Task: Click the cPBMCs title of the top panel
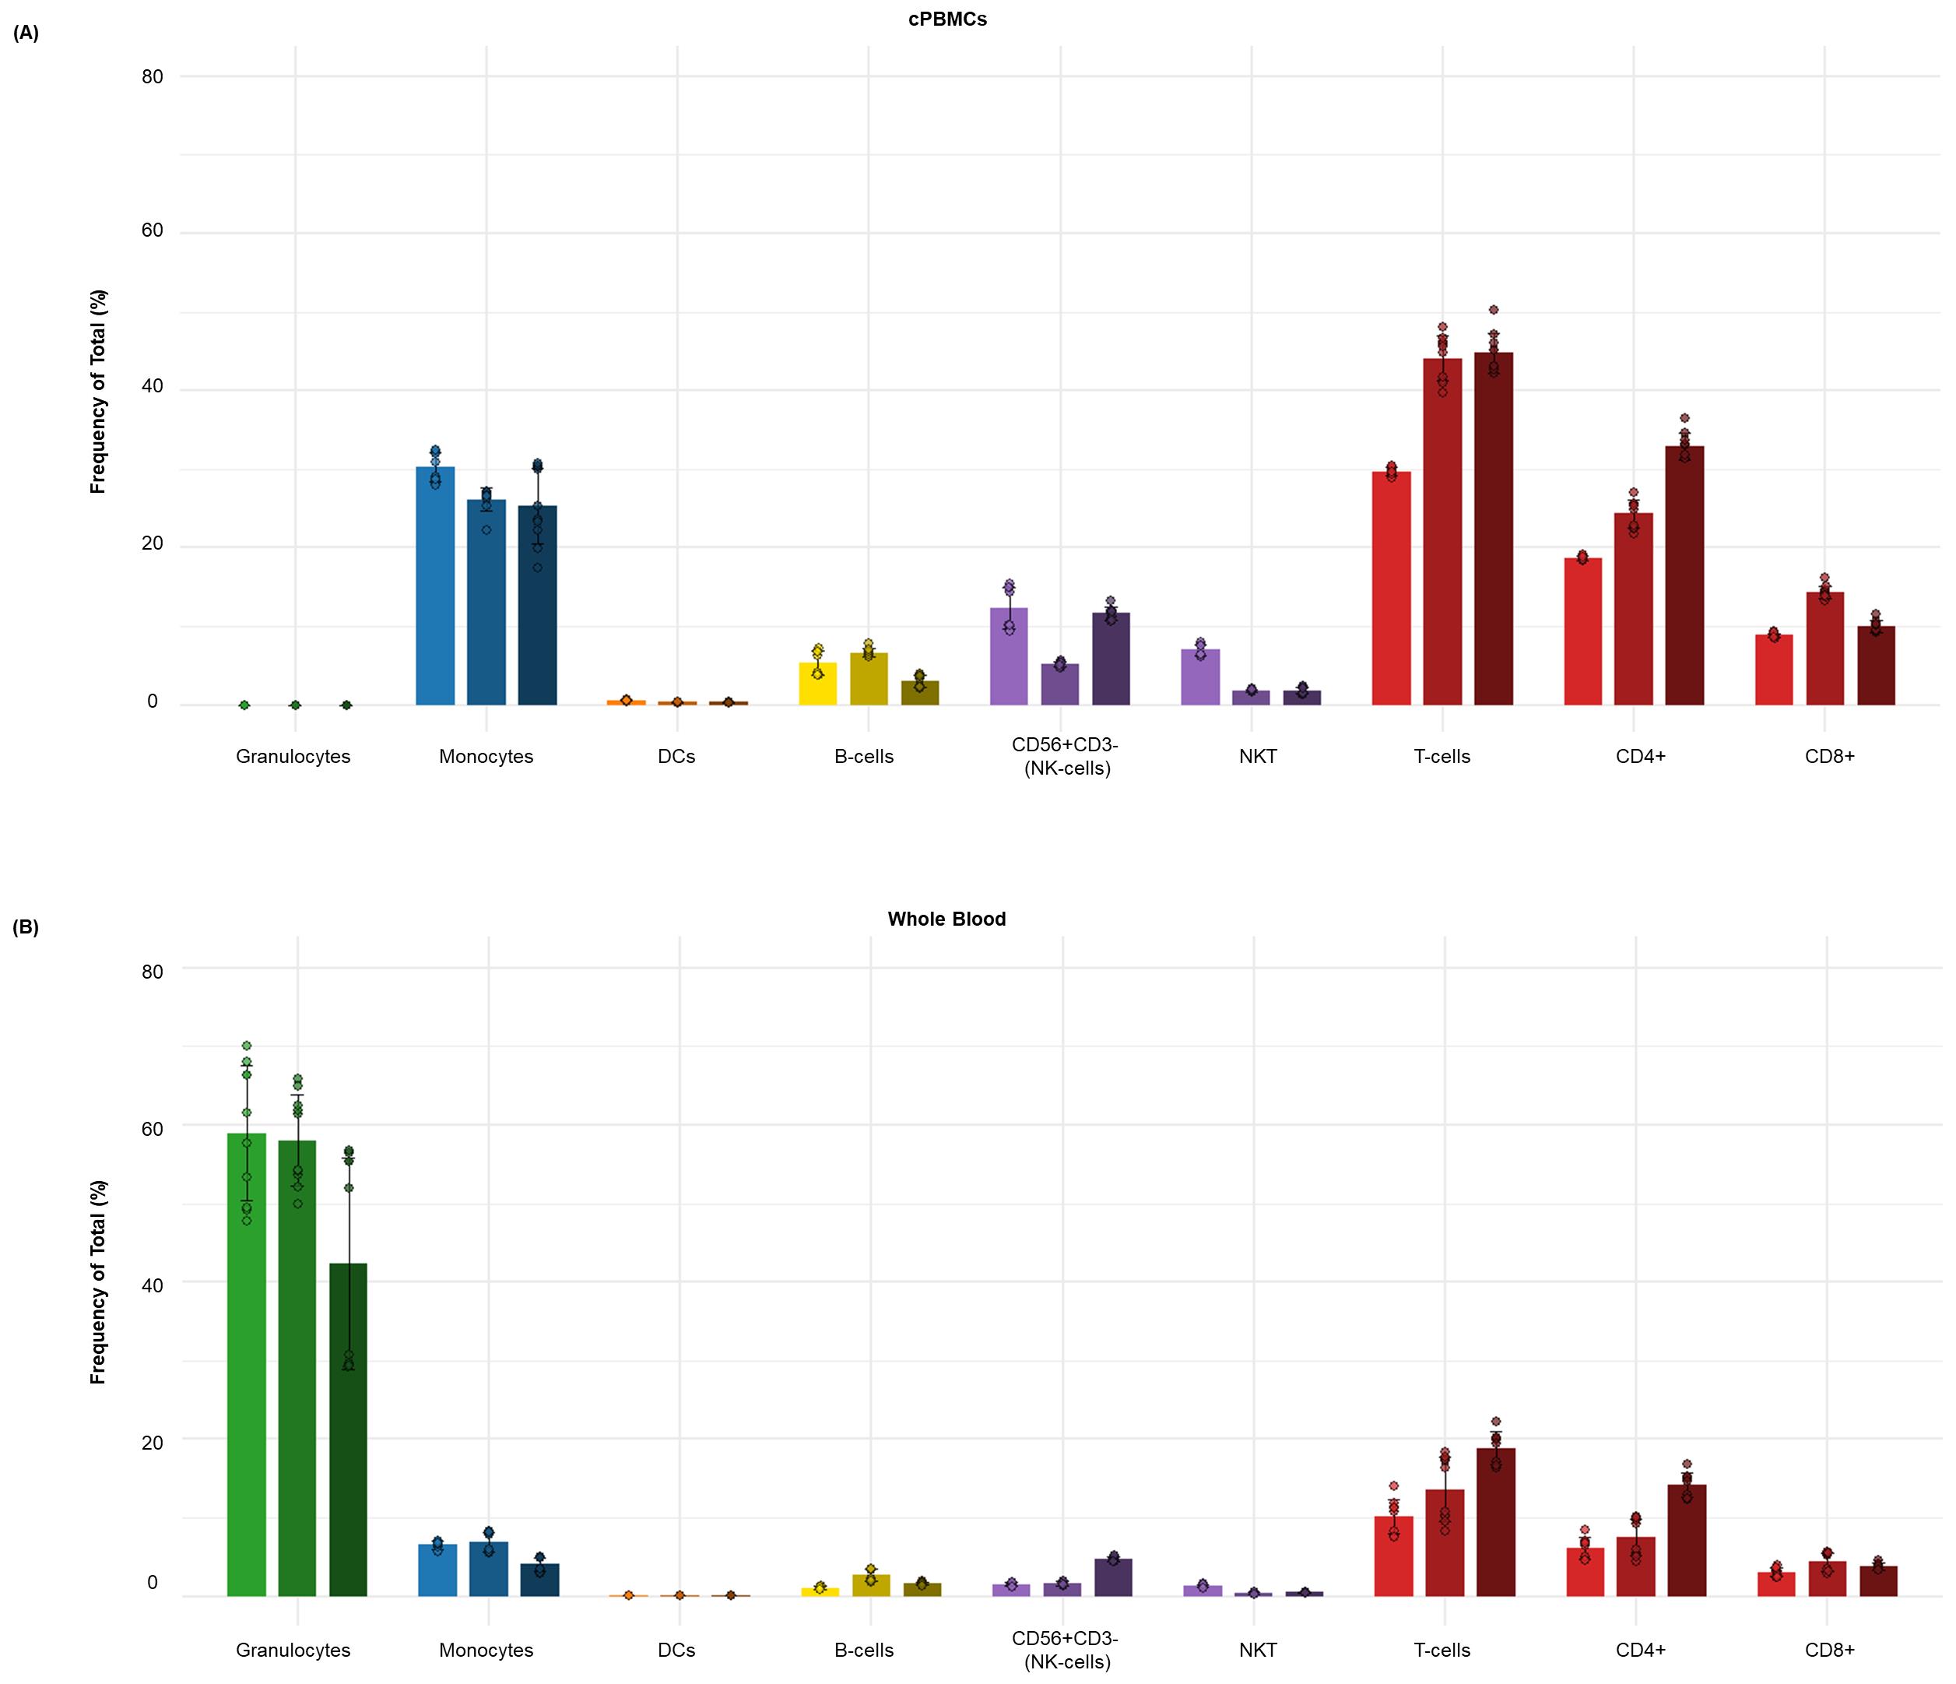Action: [x=946, y=19]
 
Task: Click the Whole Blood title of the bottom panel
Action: [x=946, y=919]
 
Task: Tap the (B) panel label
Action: [x=26, y=927]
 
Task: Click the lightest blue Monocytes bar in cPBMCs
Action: [x=435, y=585]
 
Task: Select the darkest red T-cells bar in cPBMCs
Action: [x=1494, y=529]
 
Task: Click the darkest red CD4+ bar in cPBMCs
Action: [x=1685, y=576]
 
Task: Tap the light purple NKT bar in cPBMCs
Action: [x=1200, y=677]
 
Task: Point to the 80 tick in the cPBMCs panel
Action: [x=152, y=76]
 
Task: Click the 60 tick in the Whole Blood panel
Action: [x=152, y=1129]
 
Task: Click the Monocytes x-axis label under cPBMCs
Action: [x=486, y=757]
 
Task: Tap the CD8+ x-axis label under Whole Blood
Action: [x=1829, y=1650]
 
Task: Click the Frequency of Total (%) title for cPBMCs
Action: [x=98, y=391]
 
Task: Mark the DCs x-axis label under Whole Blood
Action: [x=676, y=1650]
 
